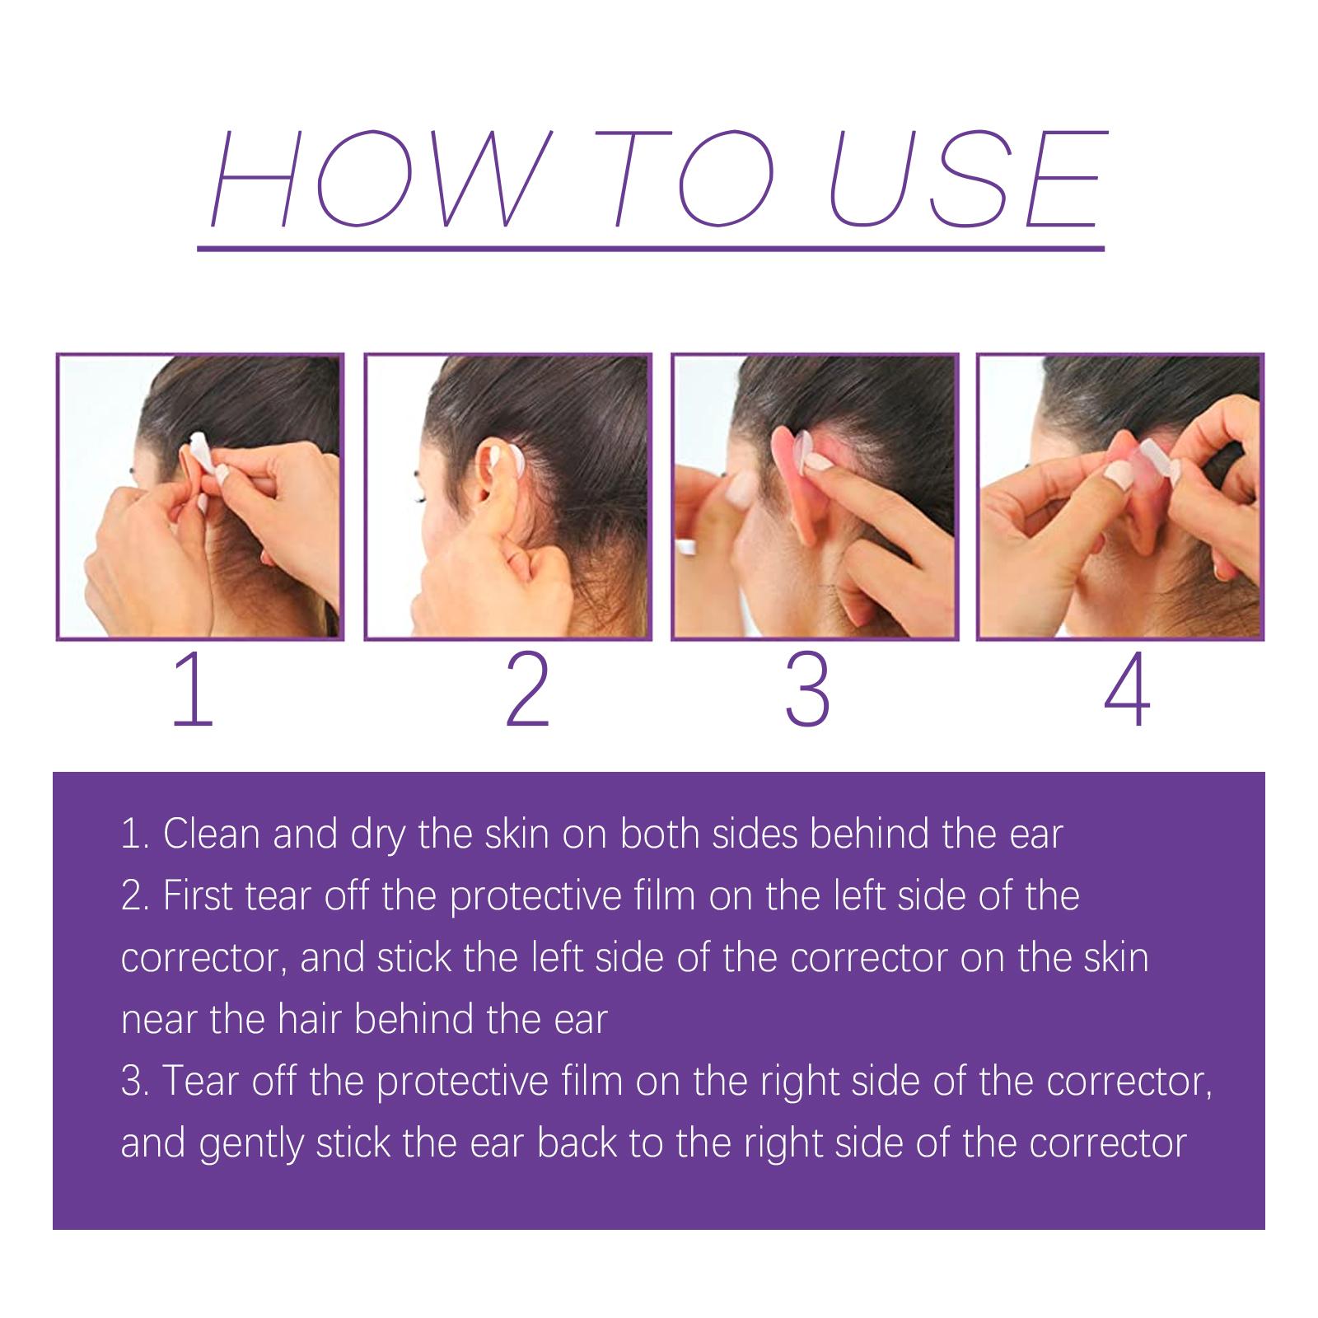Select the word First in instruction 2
[x=198, y=896]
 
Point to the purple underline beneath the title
[x=651, y=246]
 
